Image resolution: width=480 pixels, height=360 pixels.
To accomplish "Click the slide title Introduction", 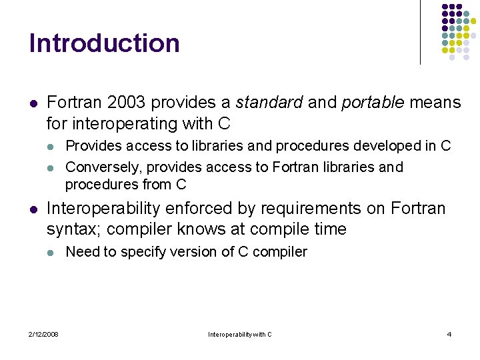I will click(x=104, y=43).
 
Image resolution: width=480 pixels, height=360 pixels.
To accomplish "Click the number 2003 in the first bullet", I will click(x=124, y=103).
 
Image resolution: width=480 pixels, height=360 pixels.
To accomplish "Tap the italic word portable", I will click(x=372, y=103).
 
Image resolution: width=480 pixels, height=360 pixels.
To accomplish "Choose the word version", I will click(x=179, y=252).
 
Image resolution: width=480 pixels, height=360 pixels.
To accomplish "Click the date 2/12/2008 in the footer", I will click(x=43, y=334).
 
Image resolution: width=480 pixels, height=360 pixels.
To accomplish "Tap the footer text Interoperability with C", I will click(x=240, y=334).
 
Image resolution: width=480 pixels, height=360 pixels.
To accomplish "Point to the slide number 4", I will click(x=449, y=334).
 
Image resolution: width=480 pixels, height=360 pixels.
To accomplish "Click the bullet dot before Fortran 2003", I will click(x=33, y=103).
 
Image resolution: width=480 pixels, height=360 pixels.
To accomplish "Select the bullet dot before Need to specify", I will click(x=52, y=253).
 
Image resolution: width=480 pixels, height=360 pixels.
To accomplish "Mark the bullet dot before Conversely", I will click(x=52, y=167).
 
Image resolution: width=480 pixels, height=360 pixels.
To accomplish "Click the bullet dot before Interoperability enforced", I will click(x=33, y=209).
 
